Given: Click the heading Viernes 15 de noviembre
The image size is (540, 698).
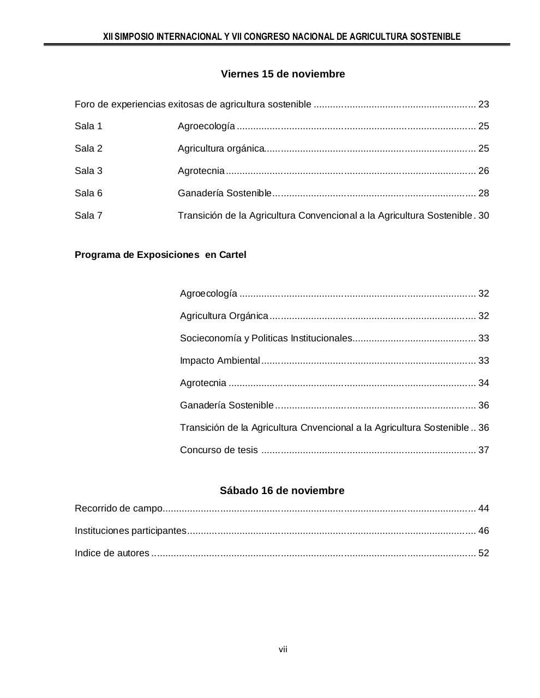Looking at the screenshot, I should (x=283, y=74).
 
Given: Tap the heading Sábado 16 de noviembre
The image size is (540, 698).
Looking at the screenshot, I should (x=282, y=491).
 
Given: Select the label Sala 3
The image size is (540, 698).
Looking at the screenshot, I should (x=88, y=171).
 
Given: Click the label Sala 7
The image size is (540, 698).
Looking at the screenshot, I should (x=88, y=216).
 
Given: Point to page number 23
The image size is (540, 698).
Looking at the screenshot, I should (x=483, y=105).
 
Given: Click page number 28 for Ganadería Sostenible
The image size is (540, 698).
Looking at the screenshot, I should (x=483, y=194).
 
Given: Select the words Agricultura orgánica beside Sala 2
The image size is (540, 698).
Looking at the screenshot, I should (x=221, y=149).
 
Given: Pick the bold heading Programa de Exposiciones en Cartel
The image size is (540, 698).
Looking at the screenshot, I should (x=160, y=255).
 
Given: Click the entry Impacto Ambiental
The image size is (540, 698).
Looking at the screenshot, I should (x=220, y=361).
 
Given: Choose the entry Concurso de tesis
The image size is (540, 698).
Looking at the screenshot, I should (x=219, y=450).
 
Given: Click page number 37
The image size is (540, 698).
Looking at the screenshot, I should (x=483, y=450).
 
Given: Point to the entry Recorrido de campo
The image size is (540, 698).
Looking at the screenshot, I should (x=118, y=509).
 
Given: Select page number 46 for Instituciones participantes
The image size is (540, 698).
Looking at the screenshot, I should (x=483, y=531).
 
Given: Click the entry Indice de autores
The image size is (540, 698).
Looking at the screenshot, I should (x=112, y=553).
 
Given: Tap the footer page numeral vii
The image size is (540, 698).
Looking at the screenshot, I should (x=283, y=649).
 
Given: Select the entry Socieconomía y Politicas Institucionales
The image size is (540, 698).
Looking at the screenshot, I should (x=266, y=339).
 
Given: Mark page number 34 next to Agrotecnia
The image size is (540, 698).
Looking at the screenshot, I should (x=483, y=383).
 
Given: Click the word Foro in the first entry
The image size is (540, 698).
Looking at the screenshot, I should (x=84, y=105).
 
